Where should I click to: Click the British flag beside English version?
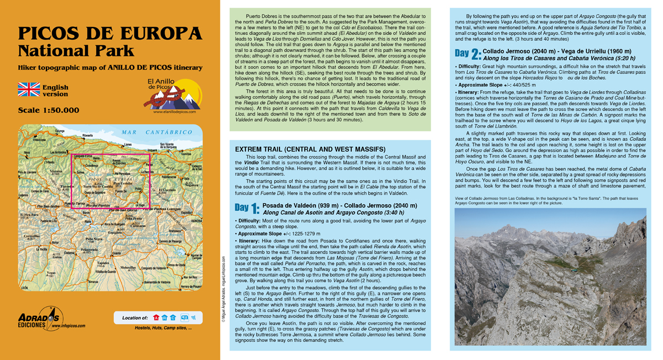(29, 90)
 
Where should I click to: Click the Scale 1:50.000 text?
(49, 110)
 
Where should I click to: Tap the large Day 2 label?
(467, 54)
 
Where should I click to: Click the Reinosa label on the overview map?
(196, 220)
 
